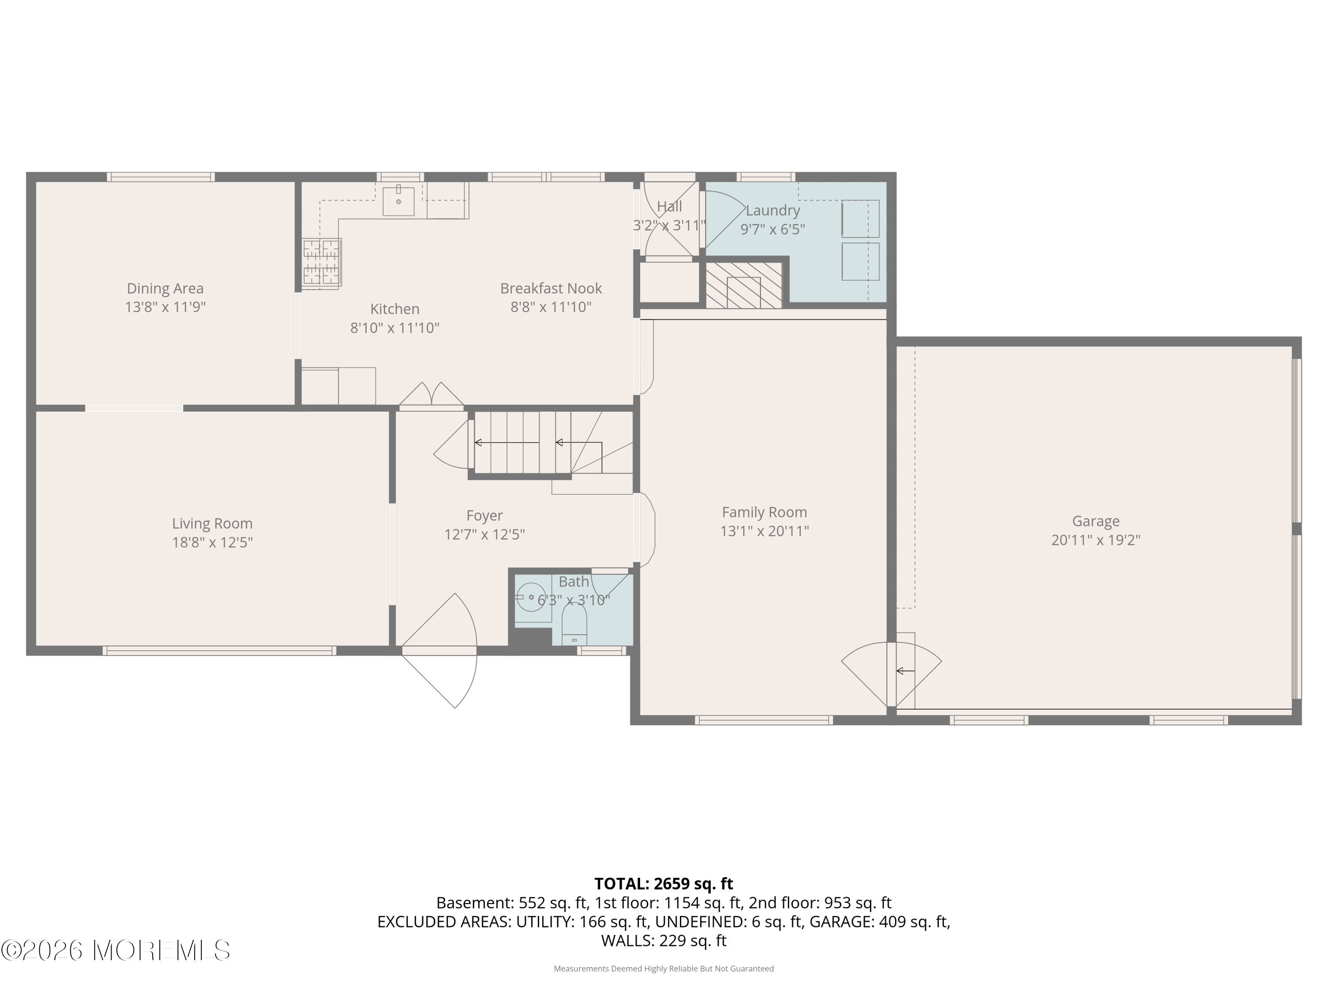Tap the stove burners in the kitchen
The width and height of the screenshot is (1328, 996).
coord(322,263)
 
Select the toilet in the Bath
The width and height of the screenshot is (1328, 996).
coord(574,624)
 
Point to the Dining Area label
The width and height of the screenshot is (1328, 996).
coord(165,289)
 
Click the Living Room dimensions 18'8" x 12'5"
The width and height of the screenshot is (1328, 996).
coord(212,543)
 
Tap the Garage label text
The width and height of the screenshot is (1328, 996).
coord(1096,521)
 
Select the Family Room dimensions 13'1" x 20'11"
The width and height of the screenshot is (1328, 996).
coord(764,531)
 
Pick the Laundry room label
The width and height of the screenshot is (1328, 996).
coord(772,211)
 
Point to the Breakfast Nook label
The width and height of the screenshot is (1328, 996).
coord(551,289)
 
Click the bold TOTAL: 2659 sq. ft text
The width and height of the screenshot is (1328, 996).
coord(664,884)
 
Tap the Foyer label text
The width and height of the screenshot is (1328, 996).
coord(484,516)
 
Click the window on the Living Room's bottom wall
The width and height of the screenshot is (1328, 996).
coord(219,650)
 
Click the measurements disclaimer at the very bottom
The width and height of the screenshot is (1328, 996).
coord(664,969)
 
